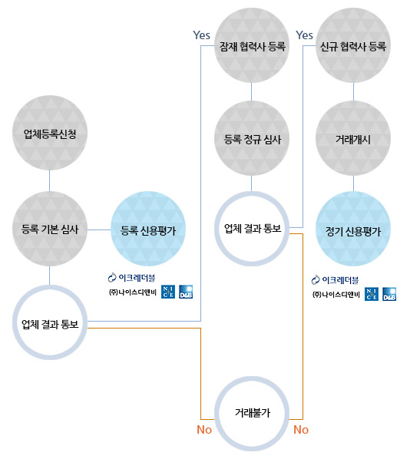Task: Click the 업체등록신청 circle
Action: (x=50, y=133)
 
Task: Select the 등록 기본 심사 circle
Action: (x=50, y=229)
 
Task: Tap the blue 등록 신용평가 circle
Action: (x=148, y=229)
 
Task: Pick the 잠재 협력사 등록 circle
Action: (x=252, y=45)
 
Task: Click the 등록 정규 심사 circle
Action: (x=252, y=138)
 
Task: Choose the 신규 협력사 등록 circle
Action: (x=353, y=45)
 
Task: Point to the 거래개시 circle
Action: (x=353, y=138)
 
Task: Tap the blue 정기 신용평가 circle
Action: (x=353, y=229)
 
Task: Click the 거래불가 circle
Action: (x=218, y=414)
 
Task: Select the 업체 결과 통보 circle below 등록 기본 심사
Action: (x=16, y=322)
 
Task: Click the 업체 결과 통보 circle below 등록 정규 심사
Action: (x=218, y=229)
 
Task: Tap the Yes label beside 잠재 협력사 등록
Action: (x=201, y=35)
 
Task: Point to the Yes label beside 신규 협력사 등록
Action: (x=304, y=35)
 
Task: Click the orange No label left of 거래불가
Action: (x=204, y=429)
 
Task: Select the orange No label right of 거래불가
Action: (x=301, y=429)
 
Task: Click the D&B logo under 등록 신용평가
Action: (x=186, y=292)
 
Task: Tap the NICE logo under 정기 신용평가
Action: (x=372, y=294)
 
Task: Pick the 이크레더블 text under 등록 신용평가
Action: (x=137, y=278)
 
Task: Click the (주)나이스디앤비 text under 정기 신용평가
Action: (x=336, y=295)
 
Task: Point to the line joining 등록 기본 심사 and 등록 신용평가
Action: (x=99, y=229)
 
